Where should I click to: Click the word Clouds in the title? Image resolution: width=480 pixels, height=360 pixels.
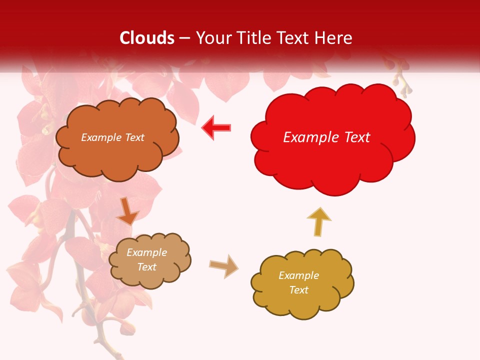147,38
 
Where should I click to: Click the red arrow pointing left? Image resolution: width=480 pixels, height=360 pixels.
216,127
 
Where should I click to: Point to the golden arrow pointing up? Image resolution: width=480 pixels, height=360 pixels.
318,221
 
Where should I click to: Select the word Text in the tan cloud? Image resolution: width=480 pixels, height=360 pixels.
146,267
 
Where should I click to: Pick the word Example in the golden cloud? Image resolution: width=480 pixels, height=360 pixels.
298,275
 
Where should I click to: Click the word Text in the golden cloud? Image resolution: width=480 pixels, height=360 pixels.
298,290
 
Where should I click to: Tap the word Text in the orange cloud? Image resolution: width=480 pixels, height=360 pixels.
134,137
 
